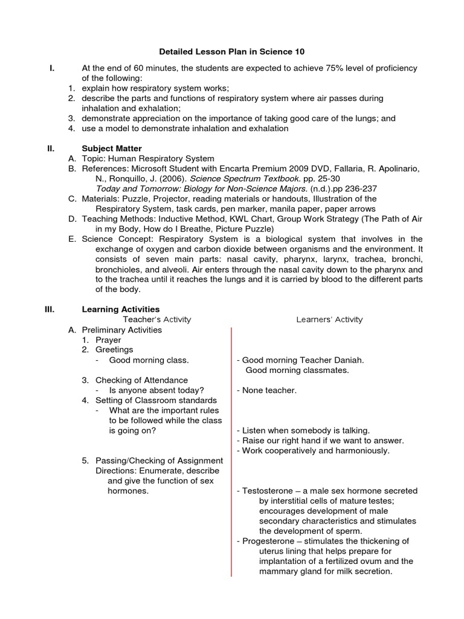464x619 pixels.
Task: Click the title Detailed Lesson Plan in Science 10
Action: (232, 52)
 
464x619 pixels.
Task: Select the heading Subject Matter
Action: (112, 148)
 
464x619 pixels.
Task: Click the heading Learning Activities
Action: (121, 309)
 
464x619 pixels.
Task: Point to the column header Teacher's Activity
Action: (157, 320)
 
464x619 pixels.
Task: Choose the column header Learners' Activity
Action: (329, 320)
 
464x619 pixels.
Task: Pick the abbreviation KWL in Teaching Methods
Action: (230, 219)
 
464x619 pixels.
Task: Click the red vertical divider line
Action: (231, 453)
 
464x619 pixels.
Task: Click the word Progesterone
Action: (267, 541)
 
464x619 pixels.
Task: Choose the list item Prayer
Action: (108, 340)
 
